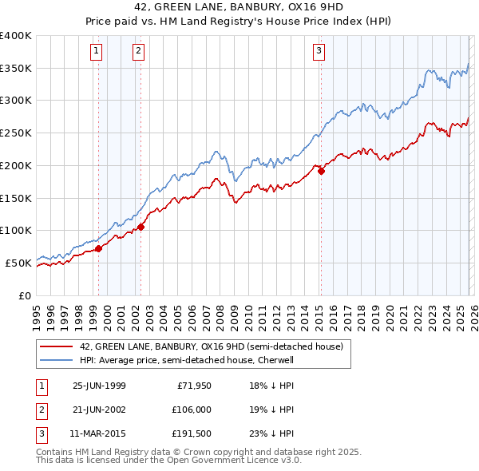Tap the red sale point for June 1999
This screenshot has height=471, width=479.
[x=99, y=248]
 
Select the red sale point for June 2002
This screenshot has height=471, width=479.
[x=141, y=227]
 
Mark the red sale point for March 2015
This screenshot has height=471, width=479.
[x=320, y=171]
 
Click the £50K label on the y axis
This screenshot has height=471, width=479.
[x=19, y=263]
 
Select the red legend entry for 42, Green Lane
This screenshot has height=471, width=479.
[x=211, y=346]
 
